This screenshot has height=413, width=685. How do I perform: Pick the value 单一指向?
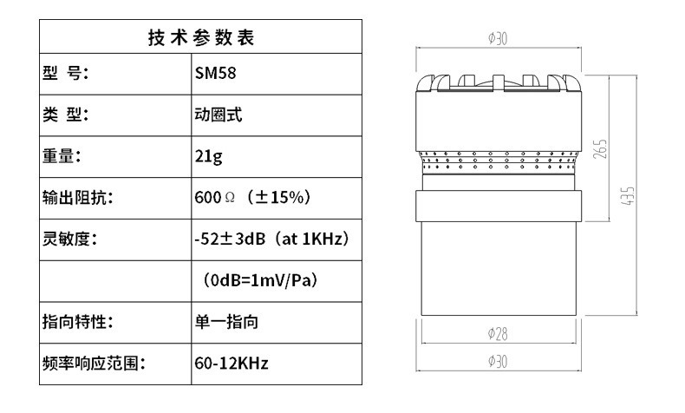click(x=225, y=322)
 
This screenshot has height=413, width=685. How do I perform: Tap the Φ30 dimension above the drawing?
click(x=498, y=39)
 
